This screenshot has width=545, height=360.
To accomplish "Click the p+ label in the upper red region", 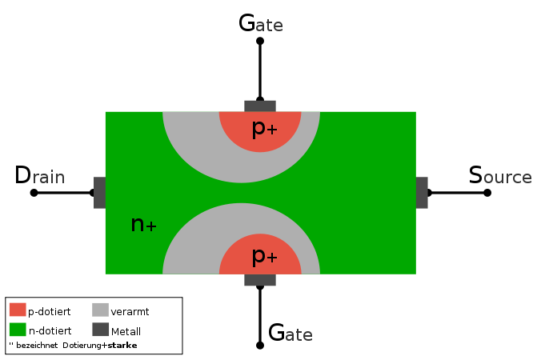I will (264, 128).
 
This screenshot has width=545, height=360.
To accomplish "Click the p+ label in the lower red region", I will (264, 256).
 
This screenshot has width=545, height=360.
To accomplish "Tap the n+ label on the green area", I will (143, 225).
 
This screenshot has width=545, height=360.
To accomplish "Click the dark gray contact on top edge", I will (260, 106).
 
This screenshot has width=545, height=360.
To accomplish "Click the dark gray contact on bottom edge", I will (260, 280).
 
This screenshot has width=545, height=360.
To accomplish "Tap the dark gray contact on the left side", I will (99, 193).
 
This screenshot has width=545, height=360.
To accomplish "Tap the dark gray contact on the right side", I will (422, 193).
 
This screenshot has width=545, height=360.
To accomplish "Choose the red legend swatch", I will (18, 310).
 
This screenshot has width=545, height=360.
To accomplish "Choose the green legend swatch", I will (18, 330).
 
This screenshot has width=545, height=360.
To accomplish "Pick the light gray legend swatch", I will (100, 310).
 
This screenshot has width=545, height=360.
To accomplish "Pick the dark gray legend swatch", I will (100, 330).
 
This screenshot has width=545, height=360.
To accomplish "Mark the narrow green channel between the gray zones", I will (241, 193).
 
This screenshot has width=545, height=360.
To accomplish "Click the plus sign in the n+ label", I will (151, 227).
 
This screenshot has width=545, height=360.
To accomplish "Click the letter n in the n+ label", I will (137, 225).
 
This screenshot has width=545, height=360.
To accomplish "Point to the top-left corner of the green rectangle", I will (106, 112).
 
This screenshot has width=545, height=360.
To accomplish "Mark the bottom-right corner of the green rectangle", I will (415, 274).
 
